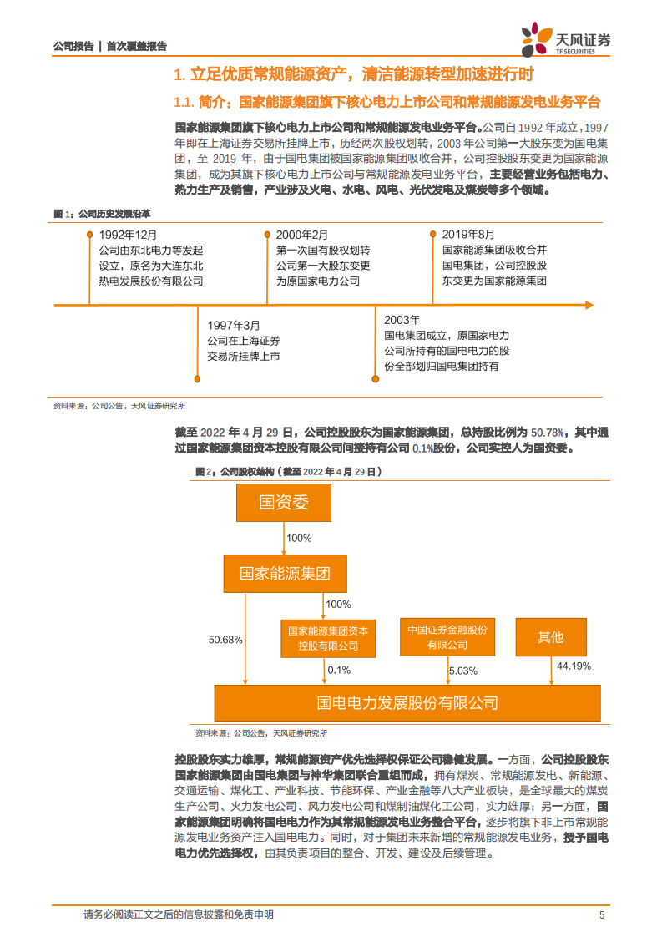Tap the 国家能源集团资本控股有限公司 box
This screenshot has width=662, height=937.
pyautogui.click(x=327, y=638)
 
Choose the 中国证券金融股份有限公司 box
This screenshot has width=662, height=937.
pyautogui.click(x=447, y=636)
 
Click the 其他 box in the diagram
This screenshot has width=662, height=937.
pyautogui.click(x=551, y=637)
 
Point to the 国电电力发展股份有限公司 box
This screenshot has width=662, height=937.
pyautogui.click(x=407, y=703)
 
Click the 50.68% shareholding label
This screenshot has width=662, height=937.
pyautogui.click(x=225, y=640)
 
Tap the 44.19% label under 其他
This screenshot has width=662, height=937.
pyautogui.click(x=574, y=666)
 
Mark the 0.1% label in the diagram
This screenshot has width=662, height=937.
pyautogui.click(x=339, y=670)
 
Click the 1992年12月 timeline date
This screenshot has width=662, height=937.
pyautogui.click(x=127, y=235)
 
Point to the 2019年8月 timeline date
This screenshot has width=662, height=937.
pyautogui.click(x=468, y=235)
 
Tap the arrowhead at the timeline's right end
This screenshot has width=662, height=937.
pyautogui.click(x=589, y=305)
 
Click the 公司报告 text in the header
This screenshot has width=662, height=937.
pyautogui.click(x=73, y=47)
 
